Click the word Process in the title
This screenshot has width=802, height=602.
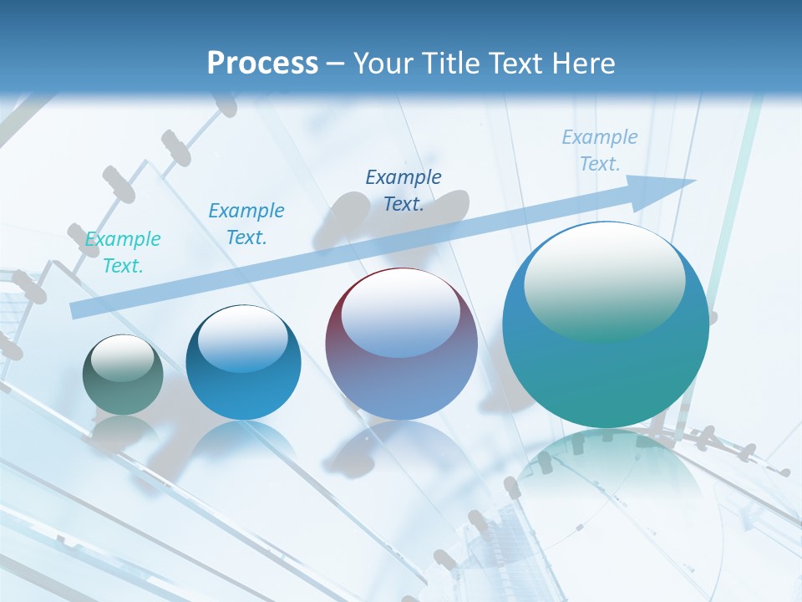coord(262,63)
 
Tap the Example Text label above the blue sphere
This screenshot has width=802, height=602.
coord(246,224)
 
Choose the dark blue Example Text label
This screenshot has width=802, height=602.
coord(404,190)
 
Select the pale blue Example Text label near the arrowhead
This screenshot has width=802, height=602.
coord(599,150)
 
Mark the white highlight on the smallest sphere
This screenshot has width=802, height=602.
coord(123,358)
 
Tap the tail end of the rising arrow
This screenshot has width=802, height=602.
coord(77,310)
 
